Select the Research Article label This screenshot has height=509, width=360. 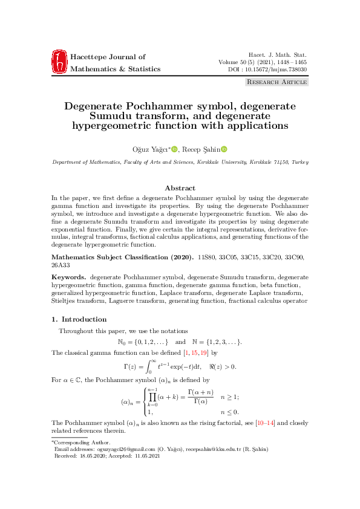click(277, 82)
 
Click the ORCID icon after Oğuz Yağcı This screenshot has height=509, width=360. click(174, 149)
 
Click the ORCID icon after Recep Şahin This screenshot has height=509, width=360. click(223, 149)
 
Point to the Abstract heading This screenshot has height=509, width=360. click(180, 188)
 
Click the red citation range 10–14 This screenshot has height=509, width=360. click(267, 423)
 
